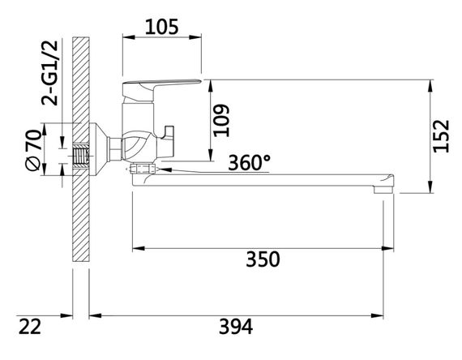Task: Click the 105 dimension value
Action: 162,27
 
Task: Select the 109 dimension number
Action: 221,120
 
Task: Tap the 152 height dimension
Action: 441,136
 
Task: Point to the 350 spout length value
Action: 263,259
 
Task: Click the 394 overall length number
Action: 236,327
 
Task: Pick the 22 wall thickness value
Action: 30,327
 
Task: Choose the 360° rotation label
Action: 250,162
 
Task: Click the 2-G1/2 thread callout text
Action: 49,73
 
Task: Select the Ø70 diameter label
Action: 33,150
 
